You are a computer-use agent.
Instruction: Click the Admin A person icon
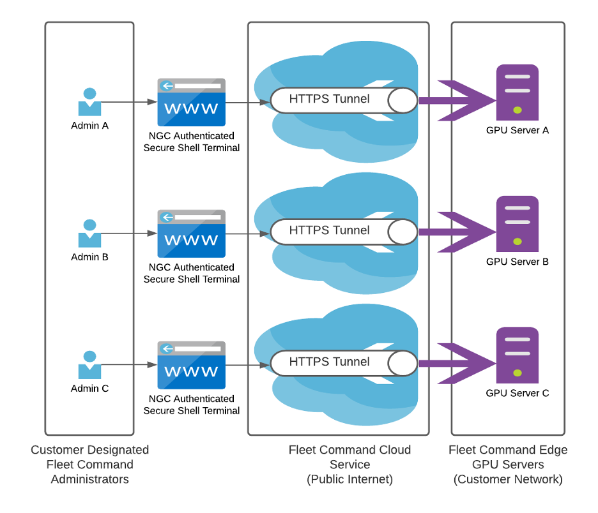pyautogui.click(x=89, y=103)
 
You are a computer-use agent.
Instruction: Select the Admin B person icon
pyautogui.click(x=89, y=234)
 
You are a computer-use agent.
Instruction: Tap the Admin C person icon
pyautogui.click(x=89, y=366)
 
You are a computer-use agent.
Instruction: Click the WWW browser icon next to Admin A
pyautogui.click(x=192, y=103)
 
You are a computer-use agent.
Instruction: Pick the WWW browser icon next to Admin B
pyautogui.click(x=192, y=234)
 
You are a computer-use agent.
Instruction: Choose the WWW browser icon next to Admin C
pyautogui.click(x=192, y=366)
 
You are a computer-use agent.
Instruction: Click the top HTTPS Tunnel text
pyautogui.click(x=329, y=99)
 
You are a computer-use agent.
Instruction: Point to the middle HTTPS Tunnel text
pyautogui.click(x=329, y=230)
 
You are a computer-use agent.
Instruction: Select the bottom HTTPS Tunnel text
pyautogui.click(x=329, y=362)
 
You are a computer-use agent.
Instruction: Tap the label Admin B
pyautogui.click(x=89, y=257)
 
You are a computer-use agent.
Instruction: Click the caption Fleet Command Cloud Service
pyautogui.click(x=349, y=457)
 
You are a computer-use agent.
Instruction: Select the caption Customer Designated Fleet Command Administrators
pyautogui.click(x=89, y=465)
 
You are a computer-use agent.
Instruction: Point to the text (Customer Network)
pyautogui.click(x=508, y=479)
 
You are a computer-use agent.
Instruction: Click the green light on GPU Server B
pyautogui.click(x=517, y=242)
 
